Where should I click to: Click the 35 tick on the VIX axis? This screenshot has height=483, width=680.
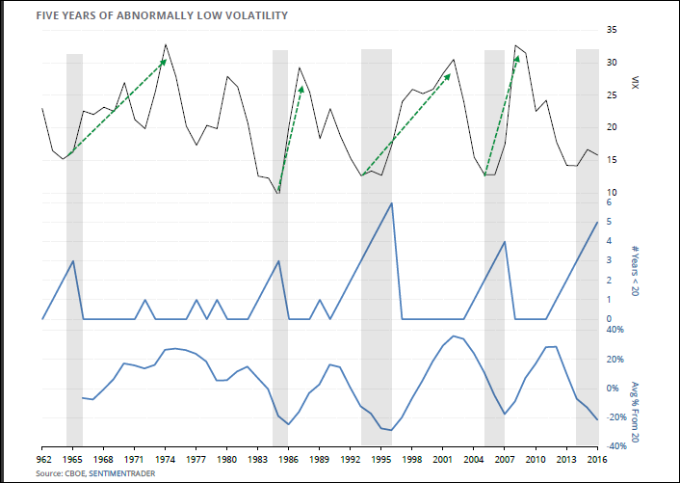(612, 31)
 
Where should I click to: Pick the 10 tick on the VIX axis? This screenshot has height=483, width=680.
(612, 193)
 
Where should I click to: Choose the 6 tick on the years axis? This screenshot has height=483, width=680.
(609, 203)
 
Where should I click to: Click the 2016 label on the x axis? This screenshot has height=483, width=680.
(597, 461)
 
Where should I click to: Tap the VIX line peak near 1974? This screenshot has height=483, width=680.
(166, 44)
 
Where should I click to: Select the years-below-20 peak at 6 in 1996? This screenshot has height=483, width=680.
(391, 203)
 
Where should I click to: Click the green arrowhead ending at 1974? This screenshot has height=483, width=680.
(164, 62)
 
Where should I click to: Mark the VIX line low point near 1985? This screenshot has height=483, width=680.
(278, 193)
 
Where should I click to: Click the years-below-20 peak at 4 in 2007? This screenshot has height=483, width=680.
(505, 241)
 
